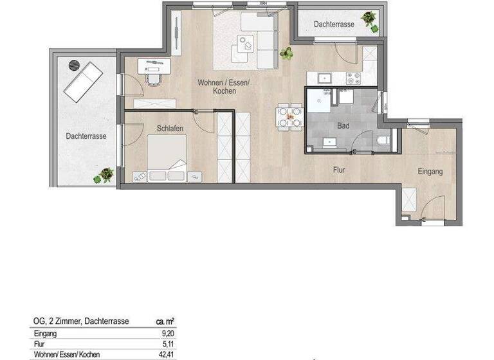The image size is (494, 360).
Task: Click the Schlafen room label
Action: pos(170,129)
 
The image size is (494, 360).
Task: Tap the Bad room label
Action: pos(343,126)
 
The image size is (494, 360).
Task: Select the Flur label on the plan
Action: pos(341,171)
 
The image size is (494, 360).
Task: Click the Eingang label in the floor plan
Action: pos(430,172)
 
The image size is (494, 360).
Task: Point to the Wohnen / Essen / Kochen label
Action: pos(217,87)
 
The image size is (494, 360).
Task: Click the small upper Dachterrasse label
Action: pos(334,24)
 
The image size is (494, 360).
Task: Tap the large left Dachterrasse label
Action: pos(86,136)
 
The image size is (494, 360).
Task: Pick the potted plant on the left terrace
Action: pos(103,175)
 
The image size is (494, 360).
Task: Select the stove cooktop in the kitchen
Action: pos(353,78)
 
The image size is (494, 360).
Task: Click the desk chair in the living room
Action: pos(154,78)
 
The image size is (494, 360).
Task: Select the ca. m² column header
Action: pos(165,321)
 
